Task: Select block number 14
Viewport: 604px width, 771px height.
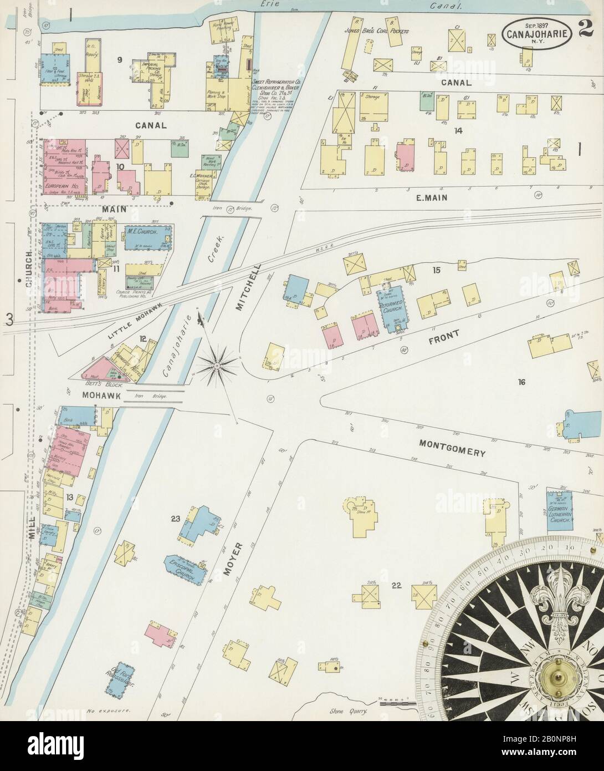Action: click(x=458, y=131)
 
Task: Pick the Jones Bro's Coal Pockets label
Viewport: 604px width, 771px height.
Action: click(x=384, y=31)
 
